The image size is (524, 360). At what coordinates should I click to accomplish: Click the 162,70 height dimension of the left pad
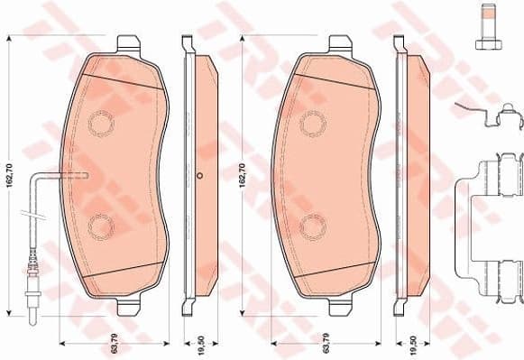(9, 169)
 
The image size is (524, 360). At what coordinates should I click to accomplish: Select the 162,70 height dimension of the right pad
(242, 169)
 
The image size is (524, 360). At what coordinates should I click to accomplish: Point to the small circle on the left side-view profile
(200, 175)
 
